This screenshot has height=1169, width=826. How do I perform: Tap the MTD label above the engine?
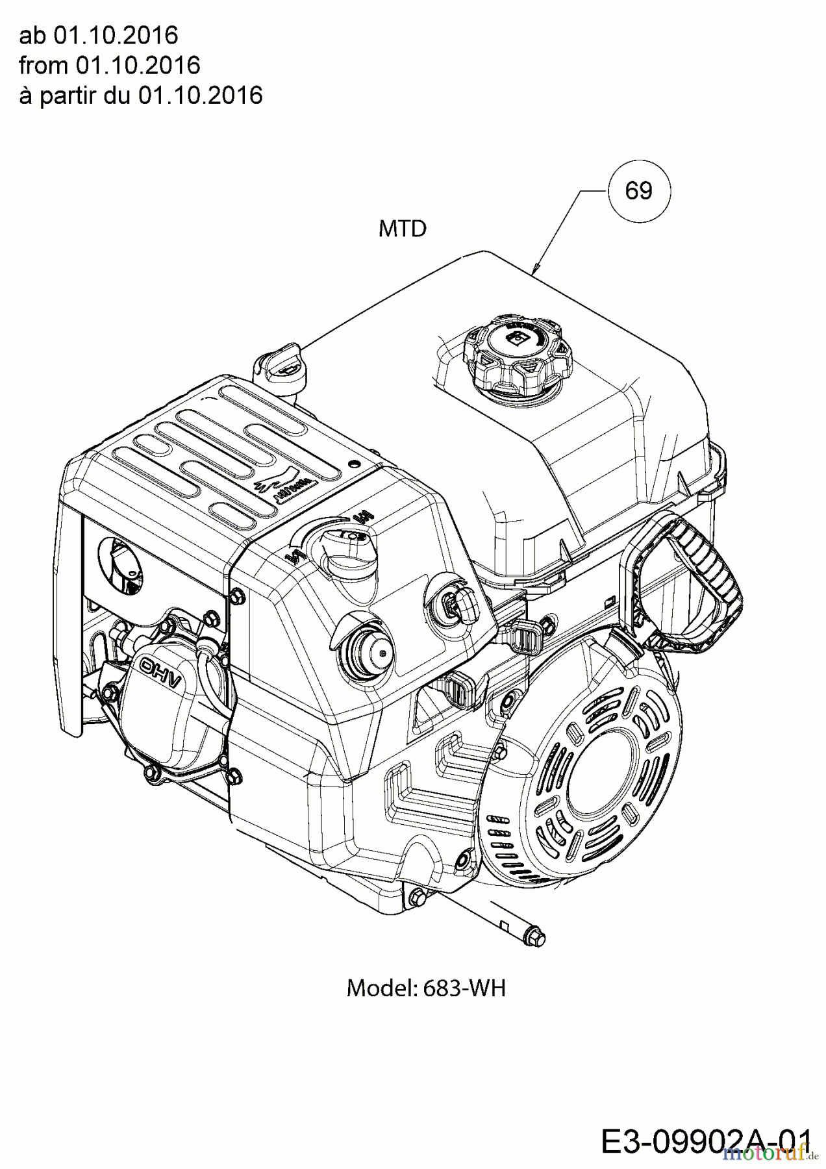403,229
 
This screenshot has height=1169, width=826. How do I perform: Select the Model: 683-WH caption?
426,988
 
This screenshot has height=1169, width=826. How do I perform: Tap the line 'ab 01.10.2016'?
98,35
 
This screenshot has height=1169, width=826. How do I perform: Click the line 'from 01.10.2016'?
109,65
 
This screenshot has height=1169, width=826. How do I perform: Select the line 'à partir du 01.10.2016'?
141,95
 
